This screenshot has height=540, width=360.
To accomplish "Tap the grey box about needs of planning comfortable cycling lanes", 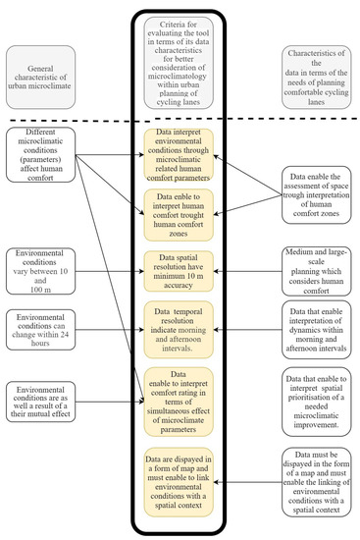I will coord(318,74).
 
